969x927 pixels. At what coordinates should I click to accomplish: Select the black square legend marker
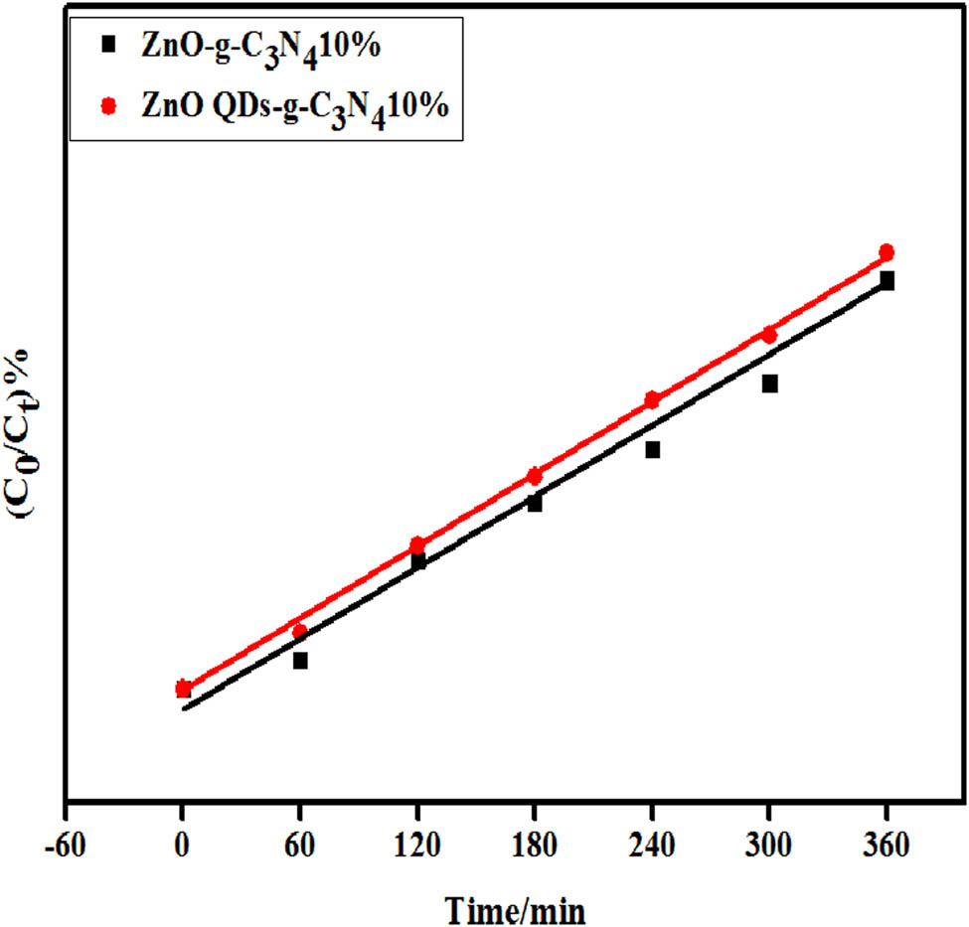[x=109, y=44]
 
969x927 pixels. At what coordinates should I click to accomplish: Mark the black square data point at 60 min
[x=300, y=661]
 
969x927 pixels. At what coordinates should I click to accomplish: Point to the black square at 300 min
[x=769, y=384]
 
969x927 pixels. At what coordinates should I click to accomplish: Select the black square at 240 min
[x=652, y=450]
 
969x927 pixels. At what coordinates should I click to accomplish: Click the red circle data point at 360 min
[x=887, y=252]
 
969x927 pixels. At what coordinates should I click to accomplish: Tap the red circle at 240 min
[x=652, y=399]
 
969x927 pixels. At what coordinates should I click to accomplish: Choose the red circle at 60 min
[x=299, y=631]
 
